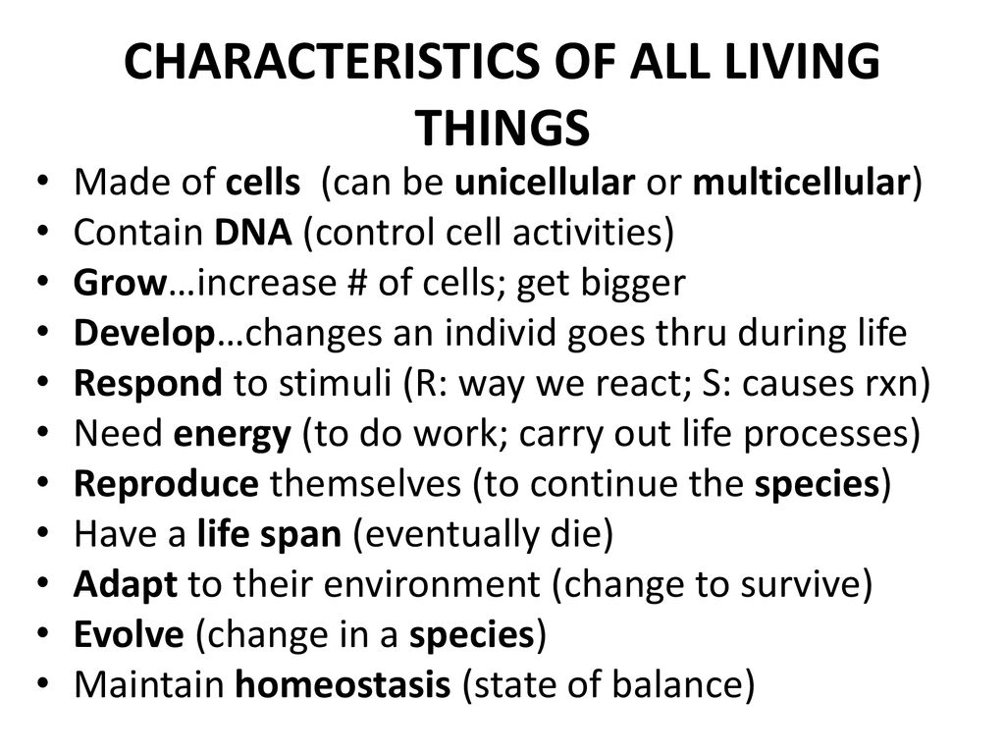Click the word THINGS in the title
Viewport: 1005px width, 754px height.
503,129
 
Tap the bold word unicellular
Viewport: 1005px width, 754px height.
545,182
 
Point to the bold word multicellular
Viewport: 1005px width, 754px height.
801,182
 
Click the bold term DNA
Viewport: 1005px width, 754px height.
253,232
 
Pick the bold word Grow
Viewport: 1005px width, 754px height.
121,283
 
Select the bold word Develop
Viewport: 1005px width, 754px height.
144,334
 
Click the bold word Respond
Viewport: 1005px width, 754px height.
148,384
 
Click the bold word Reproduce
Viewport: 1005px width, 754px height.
167,485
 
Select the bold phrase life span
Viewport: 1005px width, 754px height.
269,535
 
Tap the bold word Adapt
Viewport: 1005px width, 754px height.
126,585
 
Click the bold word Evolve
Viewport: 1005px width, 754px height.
129,635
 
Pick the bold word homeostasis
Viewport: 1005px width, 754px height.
343,684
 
